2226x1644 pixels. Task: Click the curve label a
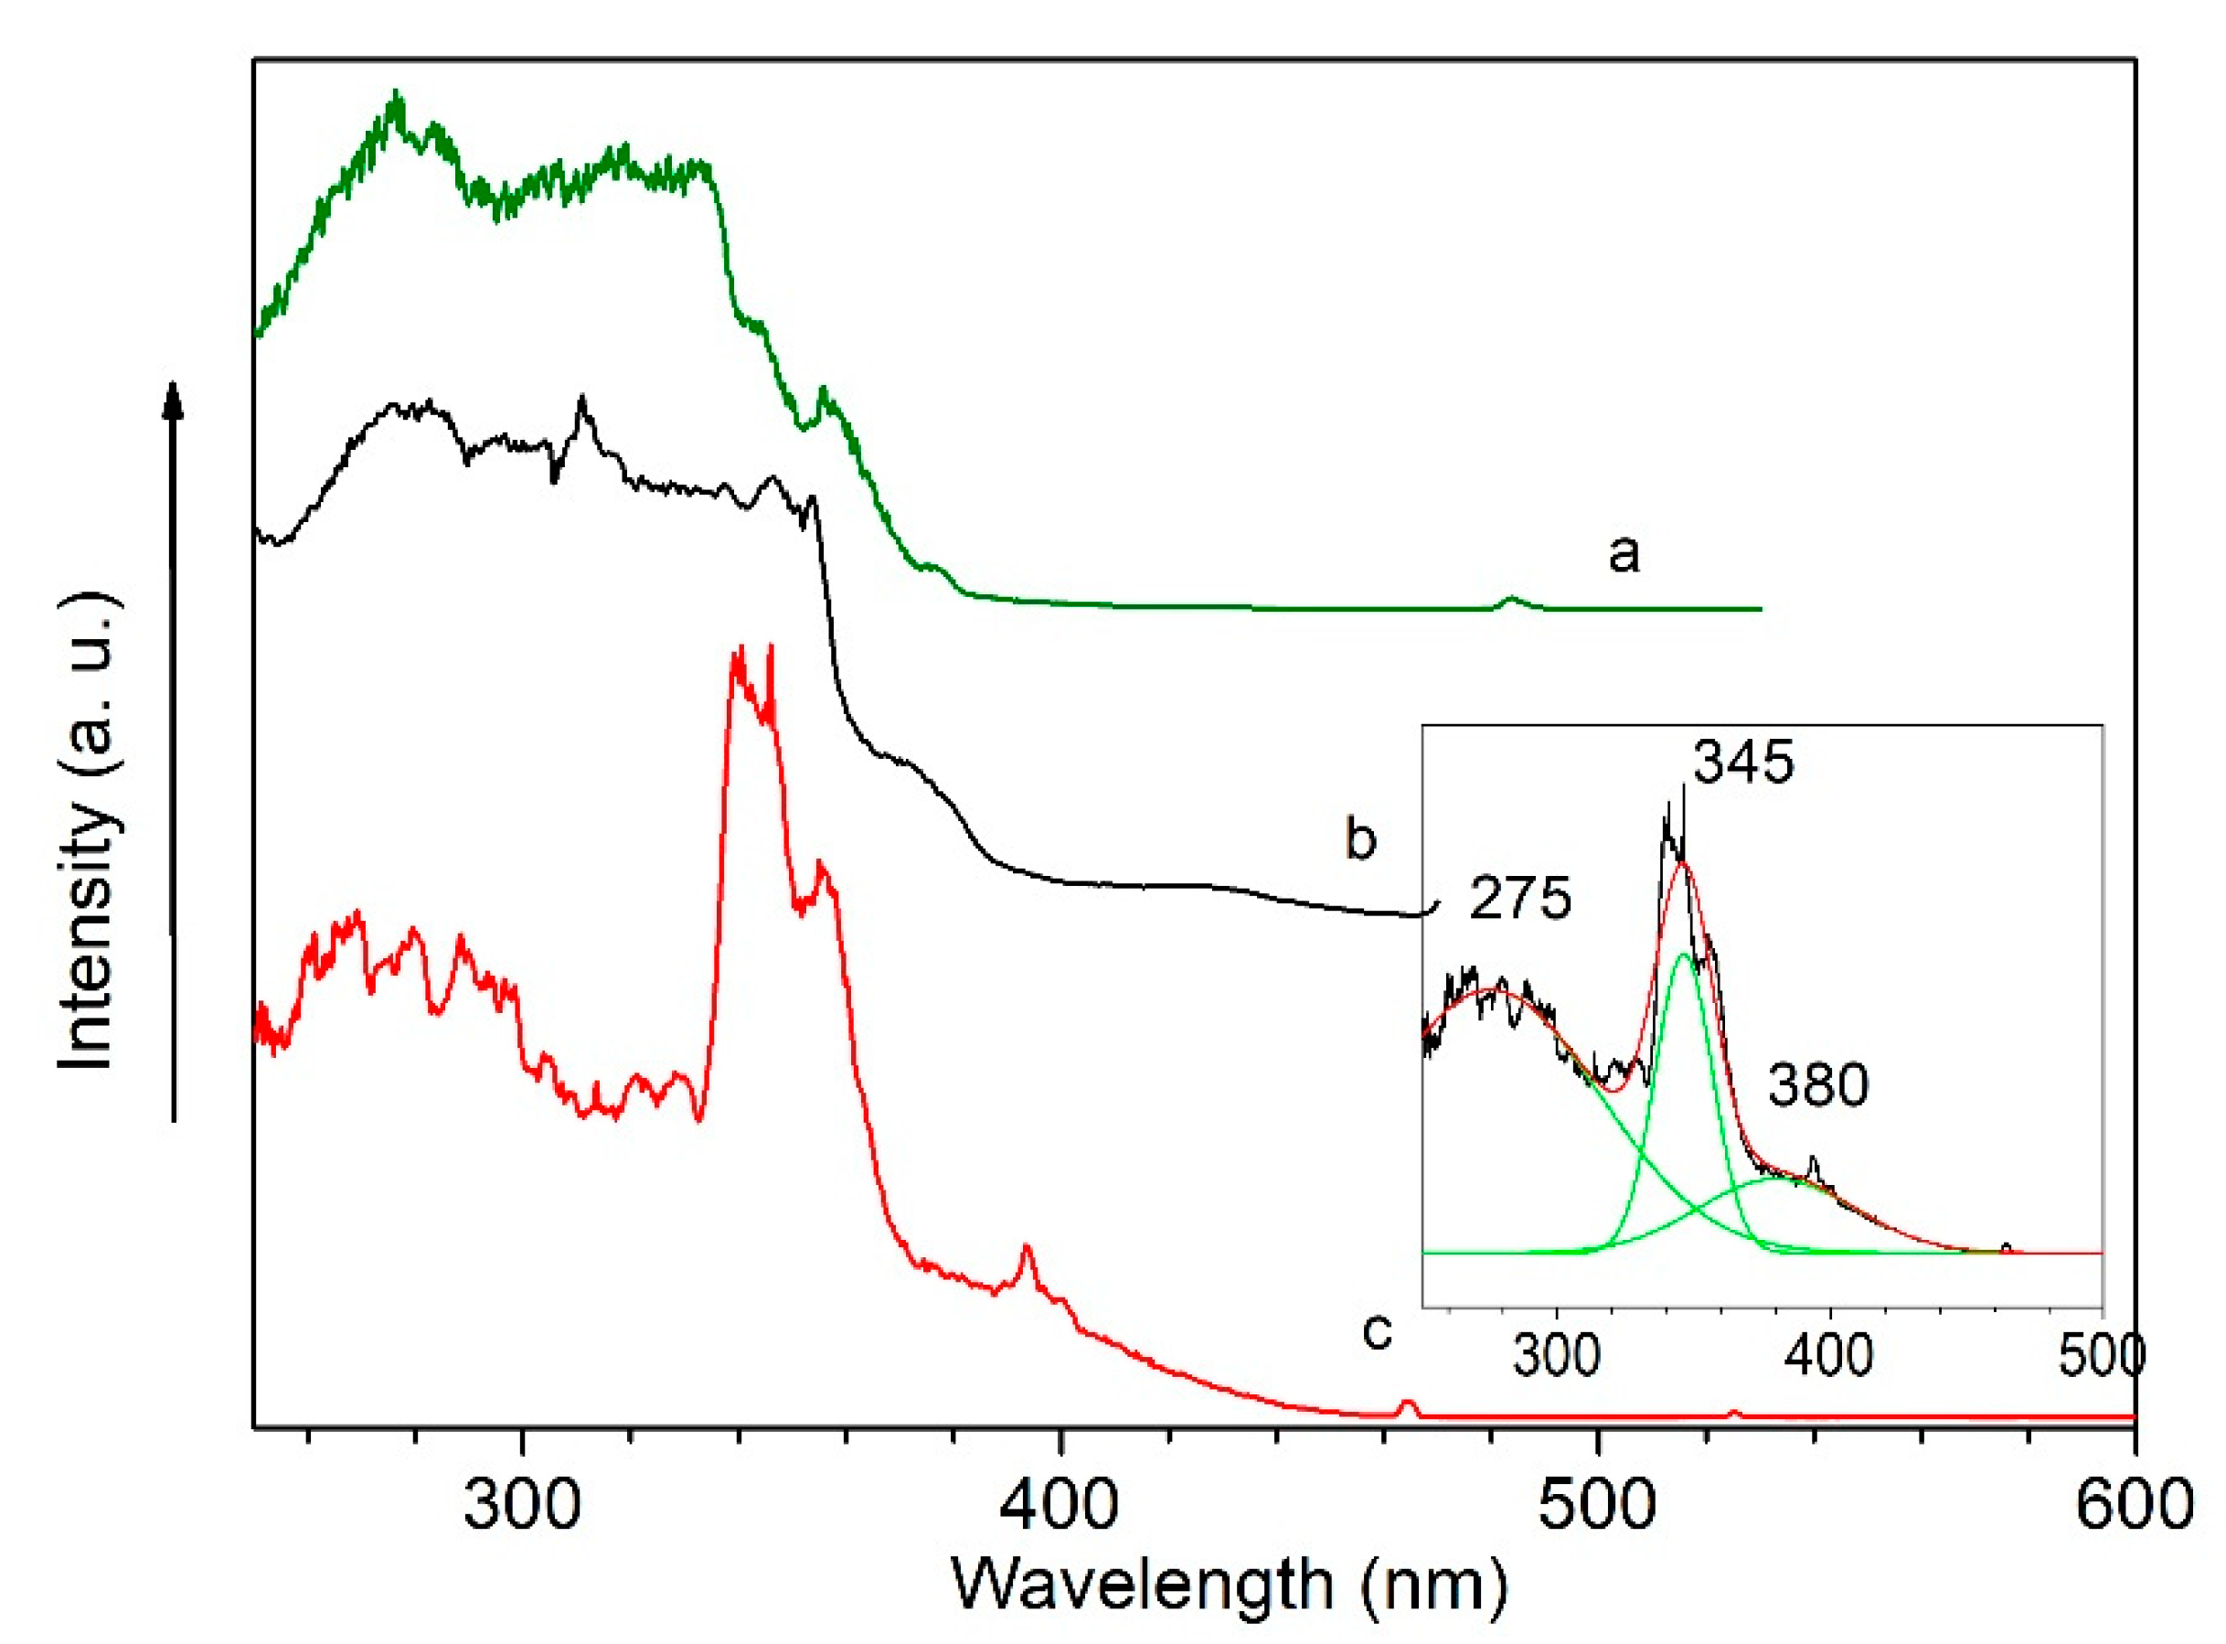pyautogui.click(x=1623, y=553)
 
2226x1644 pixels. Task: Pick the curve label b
pyautogui.click(x=1360, y=839)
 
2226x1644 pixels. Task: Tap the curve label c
pyautogui.click(x=1376, y=1331)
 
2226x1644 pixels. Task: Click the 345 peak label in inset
pyautogui.click(x=1743, y=764)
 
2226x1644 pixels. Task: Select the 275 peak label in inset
pyautogui.click(x=1520, y=899)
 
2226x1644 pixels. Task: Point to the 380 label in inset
pyautogui.click(x=1818, y=1084)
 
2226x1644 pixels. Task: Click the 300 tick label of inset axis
pyautogui.click(x=1555, y=1356)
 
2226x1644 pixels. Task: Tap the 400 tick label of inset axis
pyautogui.click(x=1829, y=1356)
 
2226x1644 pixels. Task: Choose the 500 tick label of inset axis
pyautogui.click(x=2102, y=1356)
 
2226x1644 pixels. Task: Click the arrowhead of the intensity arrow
pyautogui.click(x=174, y=398)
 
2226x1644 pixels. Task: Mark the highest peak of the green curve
pyautogui.click(x=397, y=98)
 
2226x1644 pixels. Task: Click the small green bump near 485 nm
pyautogui.click(x=1511, y=599)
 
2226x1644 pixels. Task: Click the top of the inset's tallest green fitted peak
pyautogui.click(x=1683, y=955)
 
